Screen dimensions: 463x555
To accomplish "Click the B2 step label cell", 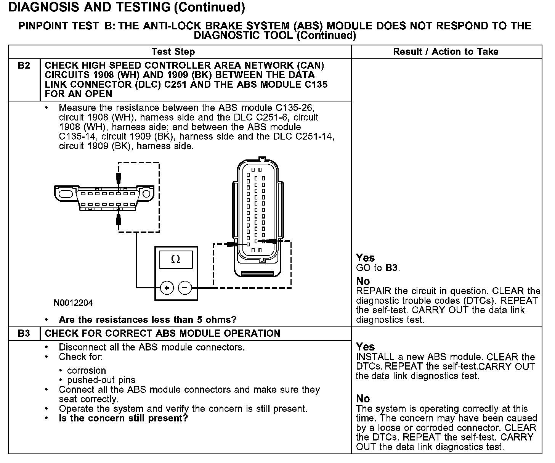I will pos(24,66).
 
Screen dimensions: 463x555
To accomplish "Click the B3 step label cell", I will pos(24,333).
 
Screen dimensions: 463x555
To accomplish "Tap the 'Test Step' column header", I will pos(173,52).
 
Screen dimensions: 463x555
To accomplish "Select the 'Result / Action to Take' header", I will pos(446,52).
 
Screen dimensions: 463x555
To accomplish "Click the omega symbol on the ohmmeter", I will pos(175,259).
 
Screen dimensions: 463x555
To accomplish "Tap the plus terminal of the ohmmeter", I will pos(167,288).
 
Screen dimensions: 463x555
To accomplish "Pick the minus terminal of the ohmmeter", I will pos(185,288).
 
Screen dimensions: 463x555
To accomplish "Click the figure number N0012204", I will pos(73,303).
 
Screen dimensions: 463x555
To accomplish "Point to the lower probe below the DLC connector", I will pos(119,219).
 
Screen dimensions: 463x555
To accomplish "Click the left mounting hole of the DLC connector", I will pos(66,193).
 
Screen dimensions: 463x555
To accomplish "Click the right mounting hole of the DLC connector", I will pos(146,194).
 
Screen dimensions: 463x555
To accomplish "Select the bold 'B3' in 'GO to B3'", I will pos(391,268).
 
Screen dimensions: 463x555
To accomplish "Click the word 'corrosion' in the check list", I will pos(87,371).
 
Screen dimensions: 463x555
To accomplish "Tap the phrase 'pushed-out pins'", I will pos(101,380).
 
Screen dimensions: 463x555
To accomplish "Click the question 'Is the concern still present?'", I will pos(124,418).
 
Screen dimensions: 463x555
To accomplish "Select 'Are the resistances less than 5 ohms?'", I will pos(148,320).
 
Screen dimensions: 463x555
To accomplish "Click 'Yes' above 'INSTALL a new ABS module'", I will pos(365,347).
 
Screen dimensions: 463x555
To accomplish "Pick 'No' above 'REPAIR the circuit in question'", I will pos(363,281).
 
